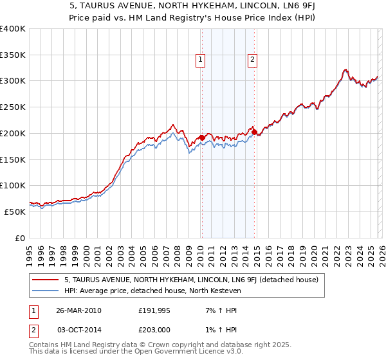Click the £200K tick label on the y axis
[12, 133]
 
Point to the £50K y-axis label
[15, 212]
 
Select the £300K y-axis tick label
[12, 81]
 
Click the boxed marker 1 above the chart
[201, 60]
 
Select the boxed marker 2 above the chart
[252, 60]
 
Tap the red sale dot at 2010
[202, 137]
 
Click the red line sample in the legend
[46, 280]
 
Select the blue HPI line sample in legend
[46, 291]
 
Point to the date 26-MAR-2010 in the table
[78, 310]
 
